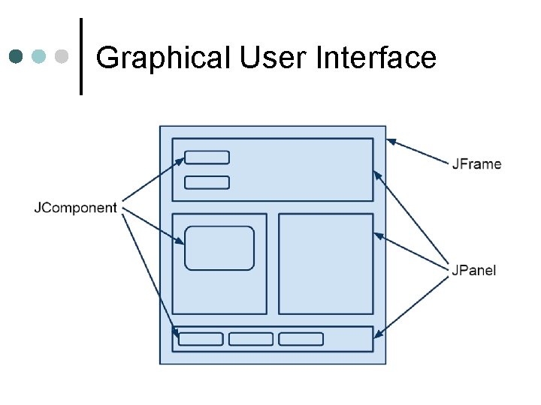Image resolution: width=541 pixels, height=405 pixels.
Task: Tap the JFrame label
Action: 476,164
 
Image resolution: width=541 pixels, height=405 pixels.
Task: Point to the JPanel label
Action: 474,270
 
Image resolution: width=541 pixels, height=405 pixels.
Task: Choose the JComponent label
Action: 75,208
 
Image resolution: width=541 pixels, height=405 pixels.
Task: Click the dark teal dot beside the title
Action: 16,57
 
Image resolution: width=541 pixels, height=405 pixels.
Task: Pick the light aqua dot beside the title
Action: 39,57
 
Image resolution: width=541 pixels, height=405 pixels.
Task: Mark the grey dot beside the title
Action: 62,57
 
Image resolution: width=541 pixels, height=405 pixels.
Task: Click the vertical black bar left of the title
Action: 81,57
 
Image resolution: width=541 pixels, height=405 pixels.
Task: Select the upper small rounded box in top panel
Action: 207,157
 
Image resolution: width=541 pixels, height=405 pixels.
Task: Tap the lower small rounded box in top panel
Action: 207,182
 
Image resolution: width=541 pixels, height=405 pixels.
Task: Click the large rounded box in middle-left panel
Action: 219,248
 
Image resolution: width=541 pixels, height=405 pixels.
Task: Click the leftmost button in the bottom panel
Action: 201,339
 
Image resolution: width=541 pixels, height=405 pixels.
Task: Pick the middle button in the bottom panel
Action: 251,339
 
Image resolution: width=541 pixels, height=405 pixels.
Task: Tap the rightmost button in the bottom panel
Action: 301,339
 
